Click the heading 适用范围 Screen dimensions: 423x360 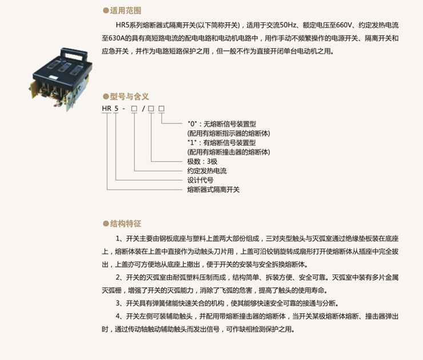[125, 10]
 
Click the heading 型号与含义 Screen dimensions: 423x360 [129, 97]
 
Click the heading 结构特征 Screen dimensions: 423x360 [125, 223]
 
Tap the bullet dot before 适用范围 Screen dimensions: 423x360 [106, 11]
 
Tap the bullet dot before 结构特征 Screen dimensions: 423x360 [106, 224]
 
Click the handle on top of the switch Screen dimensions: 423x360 [74, 54]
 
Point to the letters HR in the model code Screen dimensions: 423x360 [106, 109]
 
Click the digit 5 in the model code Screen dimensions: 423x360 [116, 109]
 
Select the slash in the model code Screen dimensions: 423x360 [143, 109]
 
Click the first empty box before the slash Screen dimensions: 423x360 [134, 109]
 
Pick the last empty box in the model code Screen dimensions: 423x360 [161, 109]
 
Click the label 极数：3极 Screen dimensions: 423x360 [202, 162]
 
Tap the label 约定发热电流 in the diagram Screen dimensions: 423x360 [207, 171]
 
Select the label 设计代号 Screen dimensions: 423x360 [200, 180]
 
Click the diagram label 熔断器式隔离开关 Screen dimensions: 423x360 [213, 190]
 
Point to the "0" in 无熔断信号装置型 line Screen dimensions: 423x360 [192, 124]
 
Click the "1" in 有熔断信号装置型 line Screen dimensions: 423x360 [192, 142]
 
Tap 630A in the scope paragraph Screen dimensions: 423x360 [116, 38]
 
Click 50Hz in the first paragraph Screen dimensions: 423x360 [288, 25]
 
